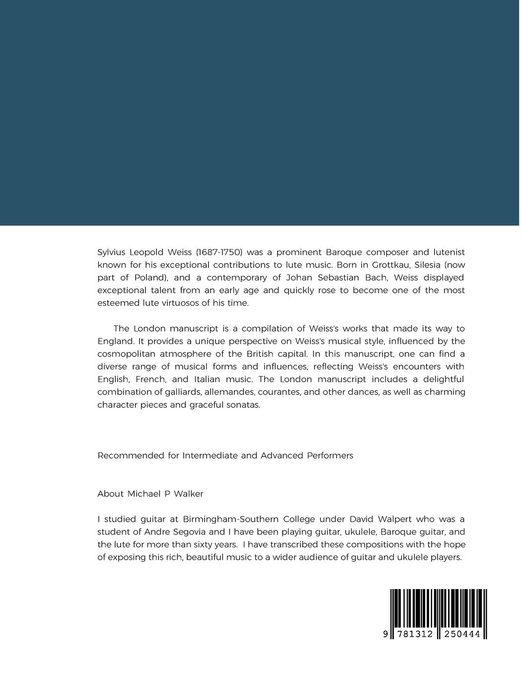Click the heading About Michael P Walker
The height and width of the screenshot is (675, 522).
pyautogui.click(x=150, y=494)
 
